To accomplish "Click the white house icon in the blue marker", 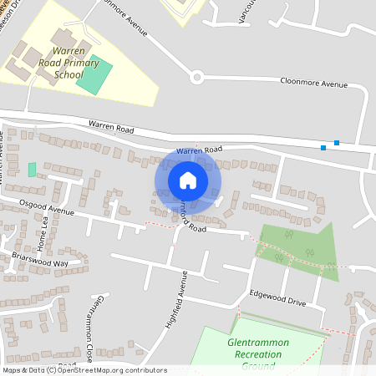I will click(x=188, y=180).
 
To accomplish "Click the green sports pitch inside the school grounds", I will click(x=94, y=74).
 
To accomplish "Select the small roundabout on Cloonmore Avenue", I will click(x=197, y=78).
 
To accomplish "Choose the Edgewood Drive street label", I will click(x=278, y=297).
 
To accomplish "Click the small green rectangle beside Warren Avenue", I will click(x=32, y=170).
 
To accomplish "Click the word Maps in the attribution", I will click(x=13, y=370).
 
